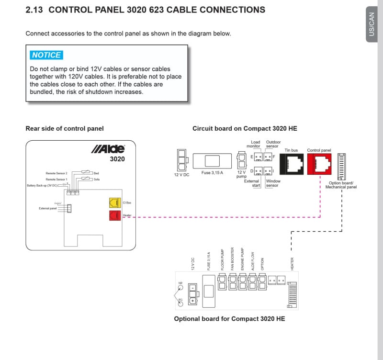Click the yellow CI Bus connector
coord(114,203)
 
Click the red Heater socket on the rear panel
coord(114,215)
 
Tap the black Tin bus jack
coord(291,164)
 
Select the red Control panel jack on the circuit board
coord(319,164)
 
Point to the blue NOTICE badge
coord(46,55)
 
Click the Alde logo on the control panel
coord(108,149)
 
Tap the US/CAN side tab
coord(372,24)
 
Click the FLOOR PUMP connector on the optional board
coord(222,283)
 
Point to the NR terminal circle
coord(181,288)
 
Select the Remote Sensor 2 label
coord(56,173)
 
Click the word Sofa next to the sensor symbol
coord(97,179)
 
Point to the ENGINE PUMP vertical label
coord(242,259)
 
